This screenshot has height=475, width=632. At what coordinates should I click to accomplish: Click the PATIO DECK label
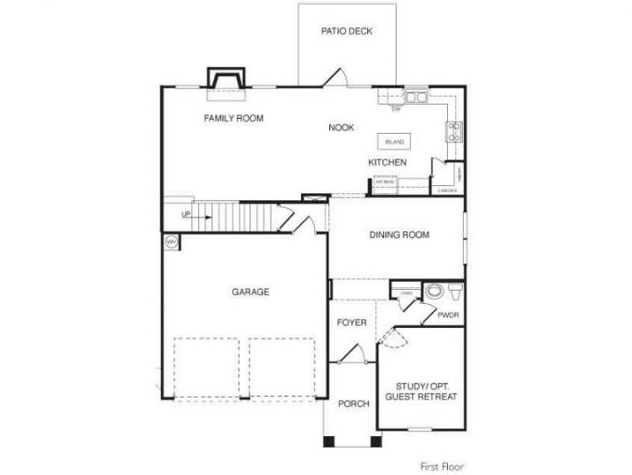(346, 31)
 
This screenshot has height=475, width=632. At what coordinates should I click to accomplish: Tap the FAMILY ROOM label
(234, 118)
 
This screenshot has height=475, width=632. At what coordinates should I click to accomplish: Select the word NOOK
(341, 128)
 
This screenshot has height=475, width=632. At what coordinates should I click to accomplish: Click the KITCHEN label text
(388, 163)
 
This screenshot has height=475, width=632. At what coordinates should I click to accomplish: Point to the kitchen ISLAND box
(393, 142)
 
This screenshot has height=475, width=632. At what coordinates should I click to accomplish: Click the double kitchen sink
(416, 97)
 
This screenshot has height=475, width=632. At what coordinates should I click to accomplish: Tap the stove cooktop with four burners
(453, 132)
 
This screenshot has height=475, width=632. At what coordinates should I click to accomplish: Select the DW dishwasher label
(397, 109)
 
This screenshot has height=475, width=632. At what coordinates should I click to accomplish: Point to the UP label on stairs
(186, 214)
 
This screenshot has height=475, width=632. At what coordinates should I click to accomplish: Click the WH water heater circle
(170, 240)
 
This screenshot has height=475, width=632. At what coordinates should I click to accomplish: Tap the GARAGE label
(250, 292)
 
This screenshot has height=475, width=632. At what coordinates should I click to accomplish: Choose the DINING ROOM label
(399, 235)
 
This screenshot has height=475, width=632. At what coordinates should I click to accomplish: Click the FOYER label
(351, 323)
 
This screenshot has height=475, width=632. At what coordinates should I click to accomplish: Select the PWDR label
(447, 315)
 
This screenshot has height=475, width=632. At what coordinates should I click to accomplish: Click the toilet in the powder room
(433, 292)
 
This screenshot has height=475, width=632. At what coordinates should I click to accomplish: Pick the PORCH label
(353, 404)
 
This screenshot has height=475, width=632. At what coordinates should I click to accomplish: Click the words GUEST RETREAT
(421, 398)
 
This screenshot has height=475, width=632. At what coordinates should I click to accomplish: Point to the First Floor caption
(442, 465)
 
